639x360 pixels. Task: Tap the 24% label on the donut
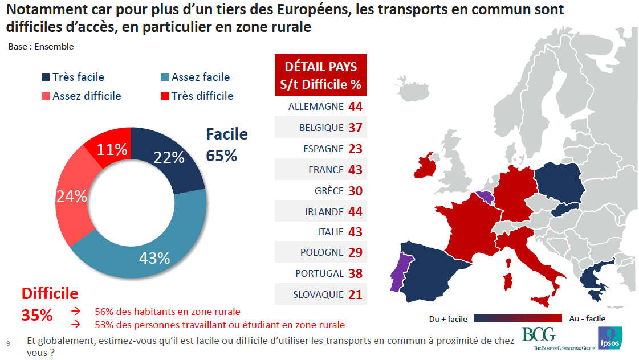(x=71, y=197)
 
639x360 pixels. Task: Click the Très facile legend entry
(x=73, y=77)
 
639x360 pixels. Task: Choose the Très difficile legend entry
(x=196, y=96)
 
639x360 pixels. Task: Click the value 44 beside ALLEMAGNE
(x=355, y=107)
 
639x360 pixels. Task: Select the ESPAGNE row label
(x=323, y=149)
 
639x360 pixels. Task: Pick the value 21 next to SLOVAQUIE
(x=355, y=294)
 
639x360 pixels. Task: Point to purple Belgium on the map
(x=485, y=197)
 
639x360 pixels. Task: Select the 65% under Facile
(x=222, y=155)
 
